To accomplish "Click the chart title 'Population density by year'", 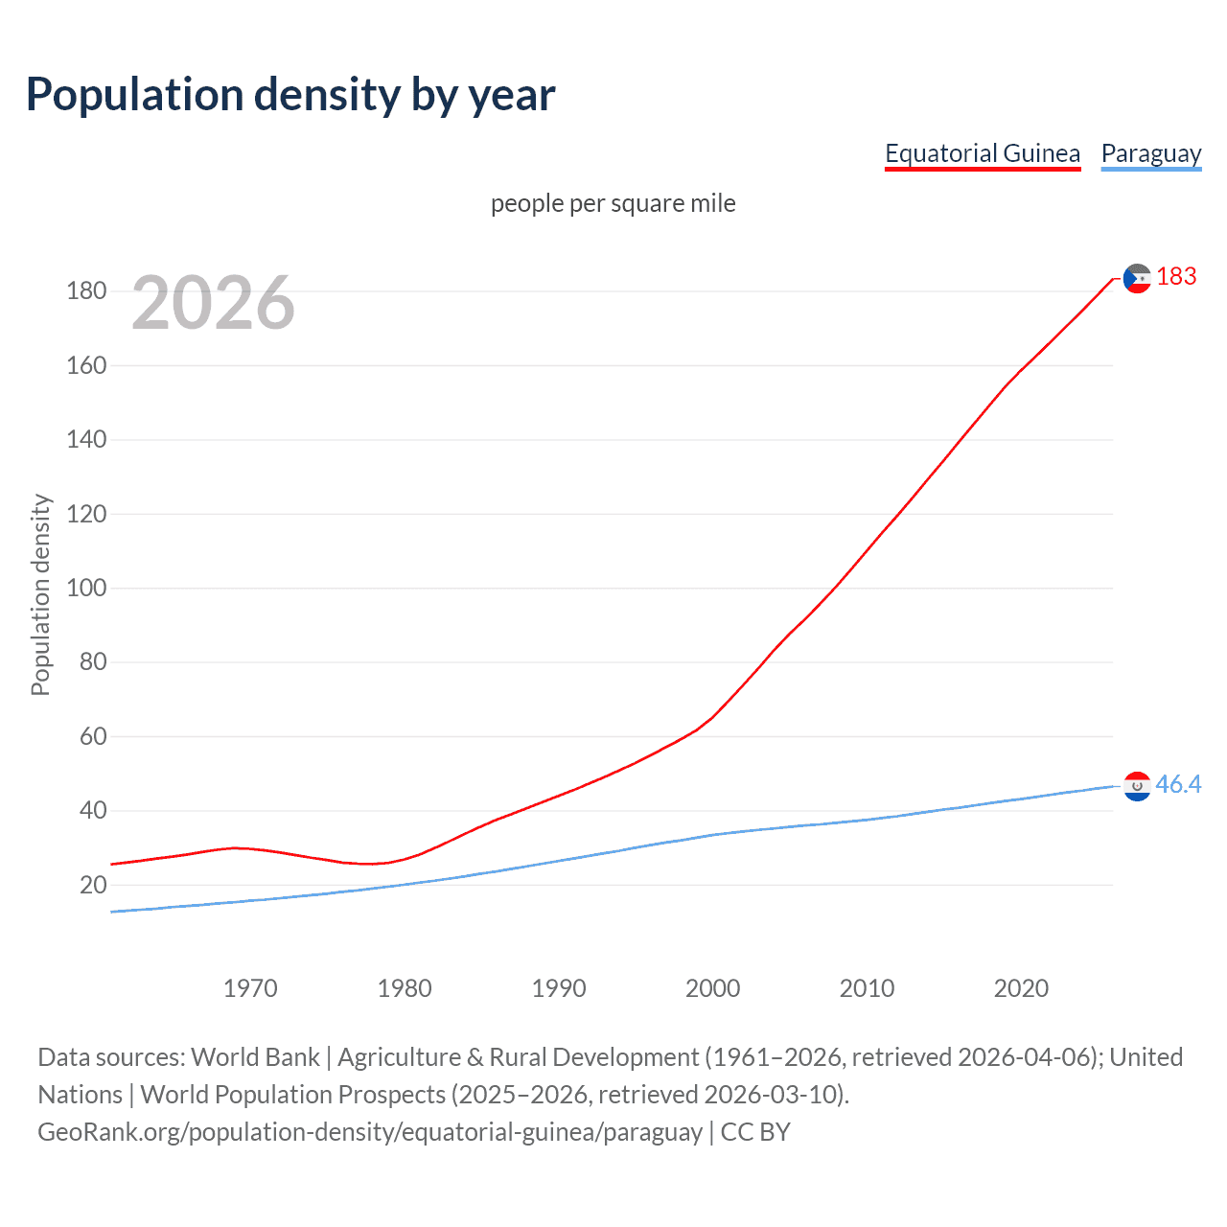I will pos(290,95).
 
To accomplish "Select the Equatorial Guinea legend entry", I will pos(982,153).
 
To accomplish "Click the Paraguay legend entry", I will pos(1150,153).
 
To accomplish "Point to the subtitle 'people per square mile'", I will pos(613,204).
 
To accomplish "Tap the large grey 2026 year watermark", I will pos(213,303).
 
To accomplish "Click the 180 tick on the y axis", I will pos(86,291).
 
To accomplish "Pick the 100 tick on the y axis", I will pos(86,588).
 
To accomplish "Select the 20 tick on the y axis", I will pos(93,885).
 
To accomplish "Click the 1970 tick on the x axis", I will pos(250,988).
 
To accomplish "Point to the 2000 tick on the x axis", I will pos(712,988).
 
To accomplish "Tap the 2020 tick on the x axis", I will pos(1021,988).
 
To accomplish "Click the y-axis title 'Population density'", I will pos(40,594).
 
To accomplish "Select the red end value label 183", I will pos(1176,277).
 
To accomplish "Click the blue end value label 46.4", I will pos(1178,785).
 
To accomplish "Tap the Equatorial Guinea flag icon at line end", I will pos(1137,279).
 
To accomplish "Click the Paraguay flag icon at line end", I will pos(1137,786).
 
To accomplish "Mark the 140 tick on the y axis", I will pos(86,440).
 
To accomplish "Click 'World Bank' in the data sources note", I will pos(255,1057).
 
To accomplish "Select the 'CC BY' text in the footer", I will pos(755,1132).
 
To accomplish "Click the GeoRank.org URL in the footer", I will pos(370,1132).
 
